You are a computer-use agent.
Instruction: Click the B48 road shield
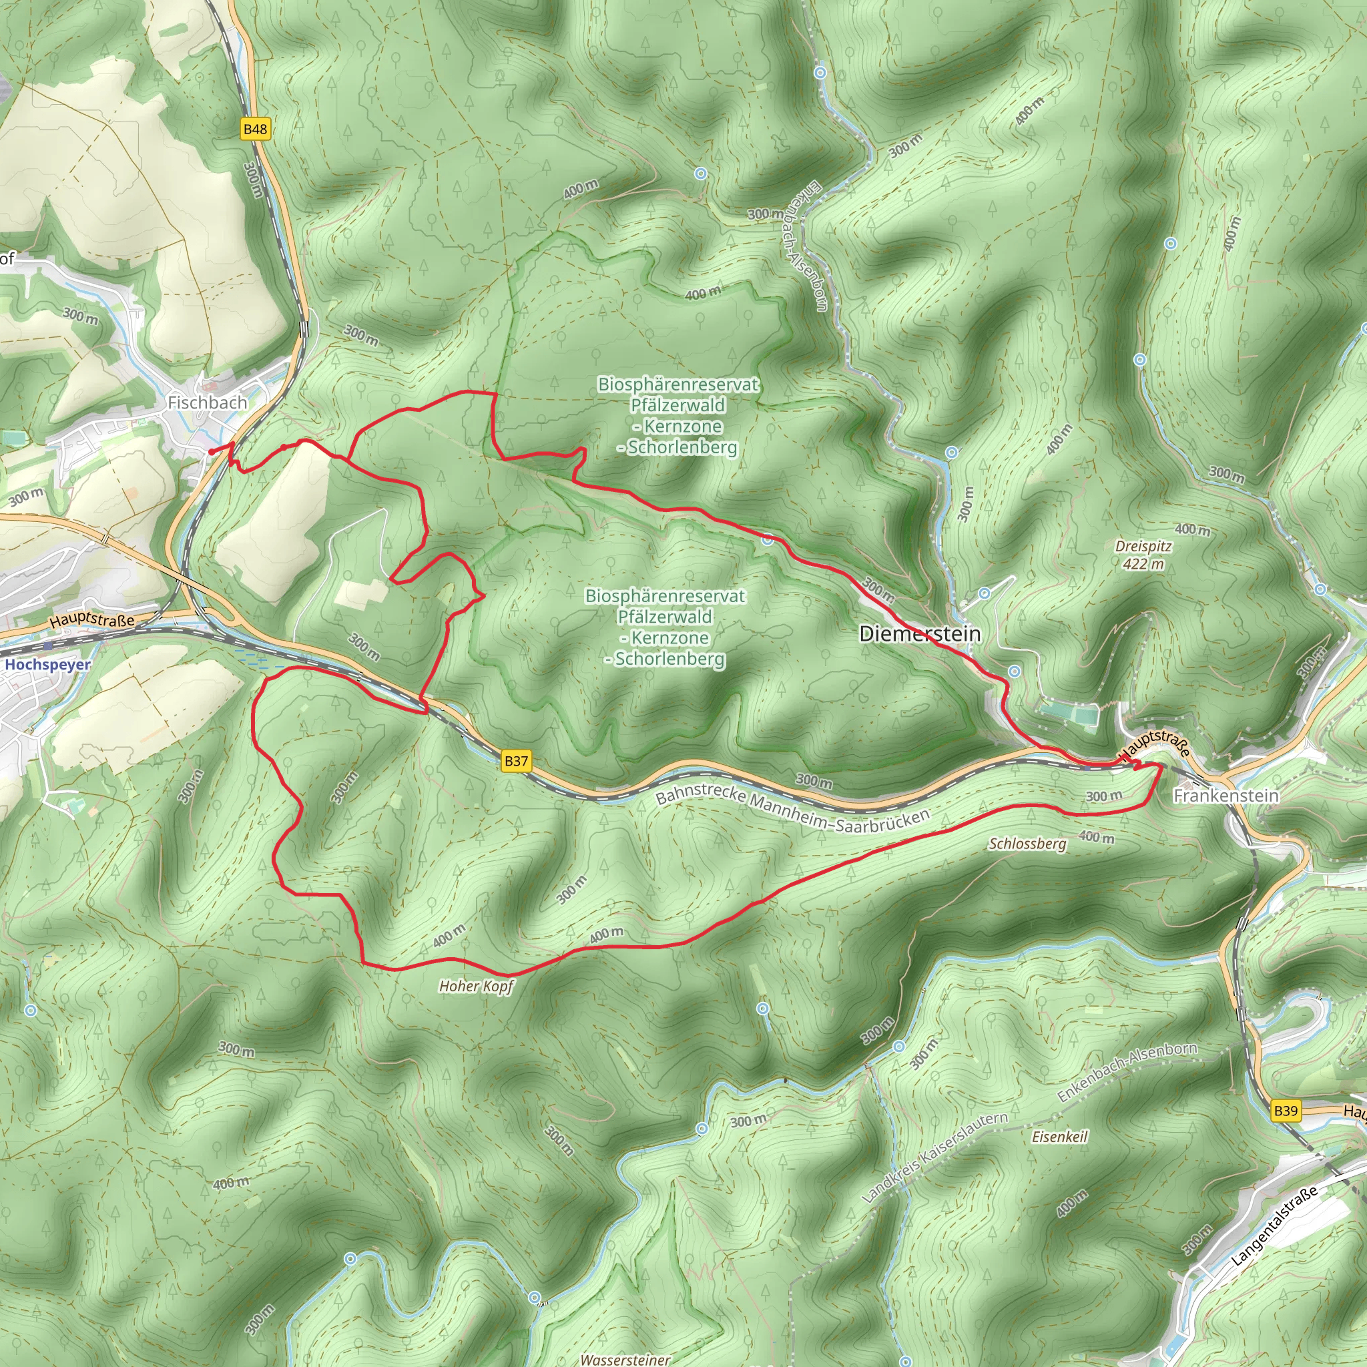point(256,129)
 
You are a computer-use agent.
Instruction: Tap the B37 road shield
point(516,761)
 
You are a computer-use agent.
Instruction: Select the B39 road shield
point(1286,1110)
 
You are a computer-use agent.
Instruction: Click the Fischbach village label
point(208,402)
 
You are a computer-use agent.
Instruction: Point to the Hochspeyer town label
point(48,664)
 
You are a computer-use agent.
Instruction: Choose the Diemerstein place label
point(920,633)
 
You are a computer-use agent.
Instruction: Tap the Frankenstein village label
point(1226,796)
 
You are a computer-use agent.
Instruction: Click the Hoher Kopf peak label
point(476,986)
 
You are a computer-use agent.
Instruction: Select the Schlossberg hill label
point(1027,844)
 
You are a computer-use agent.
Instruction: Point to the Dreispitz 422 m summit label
point(1143,555)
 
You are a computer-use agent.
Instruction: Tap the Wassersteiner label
point(625,1359)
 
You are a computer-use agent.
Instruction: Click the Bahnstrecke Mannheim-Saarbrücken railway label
point(792,809)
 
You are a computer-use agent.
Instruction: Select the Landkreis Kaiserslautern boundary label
point(934,1157)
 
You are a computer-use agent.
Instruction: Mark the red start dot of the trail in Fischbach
point(212,451)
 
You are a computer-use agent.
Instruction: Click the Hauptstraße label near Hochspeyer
point(92,620)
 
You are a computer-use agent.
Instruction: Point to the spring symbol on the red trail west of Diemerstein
point(768,541)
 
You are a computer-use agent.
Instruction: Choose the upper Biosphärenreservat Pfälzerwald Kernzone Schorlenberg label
point(678,415)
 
